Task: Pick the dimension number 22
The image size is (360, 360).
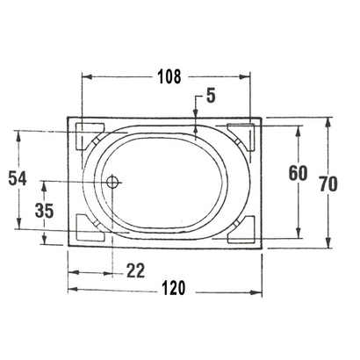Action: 134,271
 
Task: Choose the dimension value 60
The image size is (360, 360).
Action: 298,173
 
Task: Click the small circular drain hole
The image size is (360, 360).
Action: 112,183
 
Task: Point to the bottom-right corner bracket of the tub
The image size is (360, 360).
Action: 243,232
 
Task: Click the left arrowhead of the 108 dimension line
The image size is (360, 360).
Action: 86,76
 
